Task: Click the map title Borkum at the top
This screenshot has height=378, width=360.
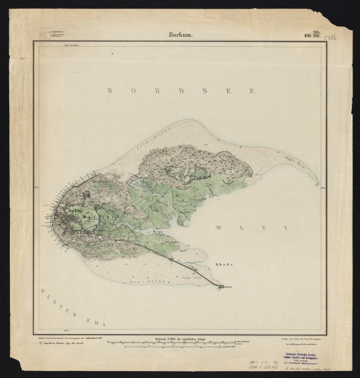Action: (180, 35)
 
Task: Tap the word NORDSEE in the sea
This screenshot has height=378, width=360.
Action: (180, 91)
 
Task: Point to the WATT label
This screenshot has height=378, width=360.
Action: (251, 229)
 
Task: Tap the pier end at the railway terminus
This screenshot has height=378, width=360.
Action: (221, 286)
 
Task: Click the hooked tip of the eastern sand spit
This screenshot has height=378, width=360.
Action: (318, 184)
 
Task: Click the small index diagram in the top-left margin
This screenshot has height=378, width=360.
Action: (44, 34)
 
